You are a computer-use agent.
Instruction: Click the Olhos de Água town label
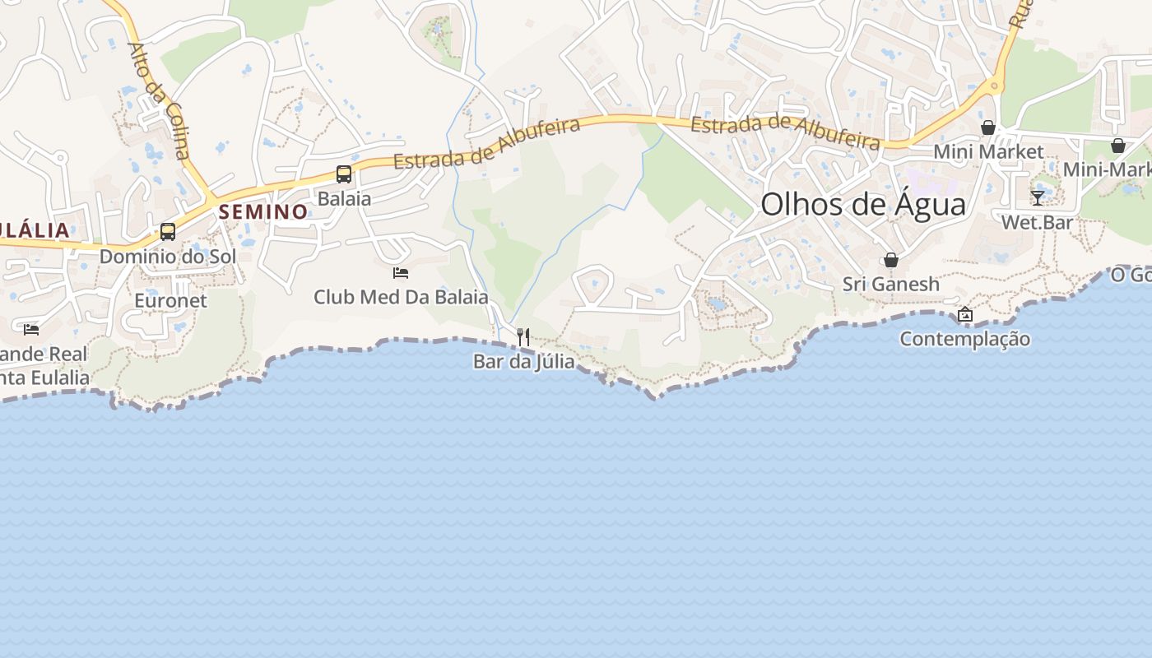[x=863, y=204]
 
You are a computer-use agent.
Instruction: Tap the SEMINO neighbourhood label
[x=262, y=211]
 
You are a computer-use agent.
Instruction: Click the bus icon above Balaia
[x=344, y=174]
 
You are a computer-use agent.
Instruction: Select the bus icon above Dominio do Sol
[x=168, y=232]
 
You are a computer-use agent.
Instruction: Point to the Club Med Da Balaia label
[x=401, y=297]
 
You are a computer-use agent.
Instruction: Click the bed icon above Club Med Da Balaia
[x=401, y=273]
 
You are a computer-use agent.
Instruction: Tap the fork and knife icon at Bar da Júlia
[x=523, y=336]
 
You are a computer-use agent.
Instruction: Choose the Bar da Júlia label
[x=523, y=361]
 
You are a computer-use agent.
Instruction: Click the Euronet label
[x=171, y=300]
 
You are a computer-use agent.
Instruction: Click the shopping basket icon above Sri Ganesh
[x=890, y=261]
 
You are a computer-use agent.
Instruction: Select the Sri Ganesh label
[x=890, y=284]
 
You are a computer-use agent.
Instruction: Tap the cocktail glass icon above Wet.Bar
[x=1038, y=198]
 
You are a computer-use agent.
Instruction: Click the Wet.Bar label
[x=1037, y=222]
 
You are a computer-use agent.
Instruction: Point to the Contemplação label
[x=964, y=338]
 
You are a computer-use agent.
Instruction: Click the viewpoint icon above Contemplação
[x=965, y=314]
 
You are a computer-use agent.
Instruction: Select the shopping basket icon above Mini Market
[x=988, y=127]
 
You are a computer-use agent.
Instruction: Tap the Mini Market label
[x=988, y=151]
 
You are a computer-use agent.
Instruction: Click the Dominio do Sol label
[x=168, y=256]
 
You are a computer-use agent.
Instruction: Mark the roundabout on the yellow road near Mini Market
[x=995, y=85]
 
